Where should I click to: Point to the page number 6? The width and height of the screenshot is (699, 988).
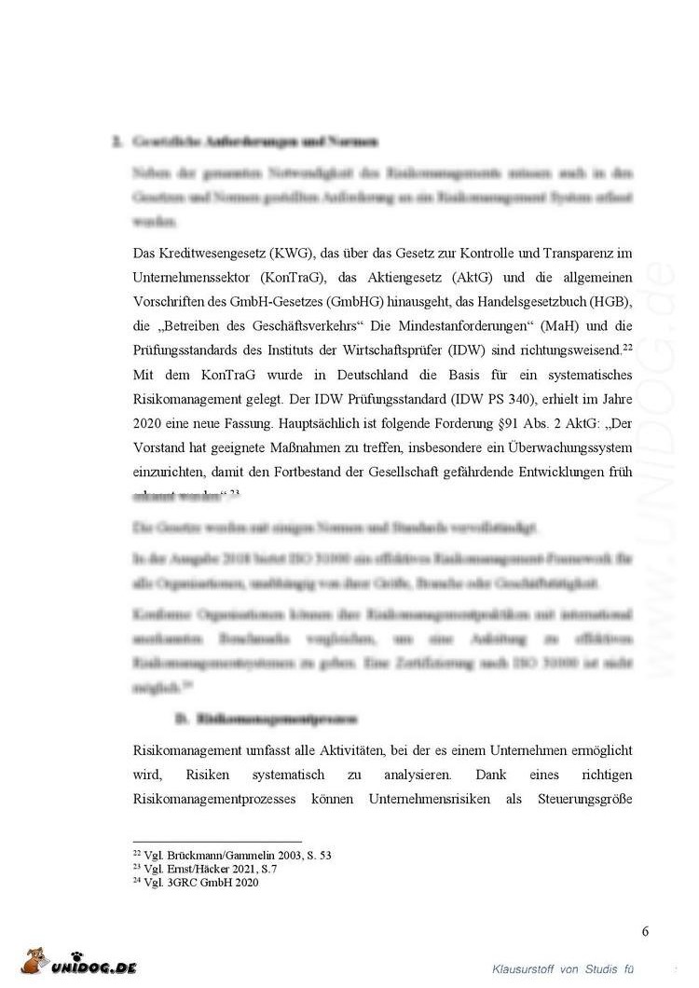[645, 931]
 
